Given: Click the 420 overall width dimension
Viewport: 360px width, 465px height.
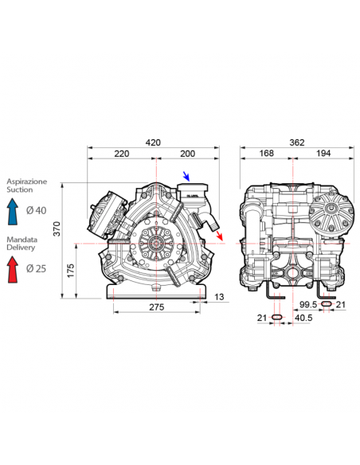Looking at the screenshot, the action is (x=153, y=143).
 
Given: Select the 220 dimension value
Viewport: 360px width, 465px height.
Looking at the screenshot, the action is (x=122, y=154).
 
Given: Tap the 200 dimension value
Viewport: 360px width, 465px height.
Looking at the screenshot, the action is (x=188, y=154).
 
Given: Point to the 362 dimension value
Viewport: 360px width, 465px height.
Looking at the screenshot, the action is (x=297, y=143).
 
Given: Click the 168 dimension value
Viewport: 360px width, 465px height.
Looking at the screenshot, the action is (x=266, y=154).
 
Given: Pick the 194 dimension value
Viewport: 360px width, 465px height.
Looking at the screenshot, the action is (x=323, y=154).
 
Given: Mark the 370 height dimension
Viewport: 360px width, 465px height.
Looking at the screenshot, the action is (x=57, y=229).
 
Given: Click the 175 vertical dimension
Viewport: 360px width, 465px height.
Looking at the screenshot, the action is (x=71, y=271).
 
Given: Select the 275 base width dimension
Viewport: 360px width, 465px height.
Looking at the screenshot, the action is (x=157, y=307).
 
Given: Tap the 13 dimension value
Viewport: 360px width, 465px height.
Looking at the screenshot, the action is (x=219, y=297).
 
